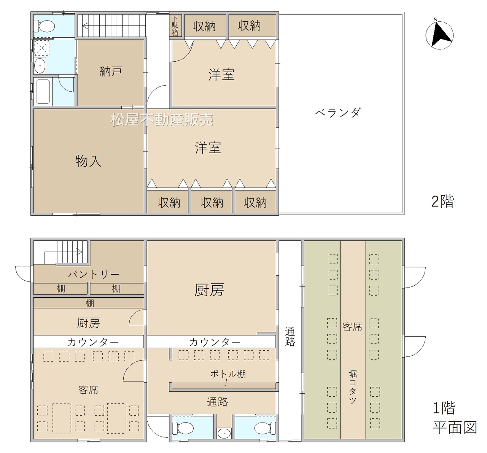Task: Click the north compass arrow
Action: [441, 35]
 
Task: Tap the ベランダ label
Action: [337, 113]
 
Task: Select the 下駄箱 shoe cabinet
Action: [175, 25]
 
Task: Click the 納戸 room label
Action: [111, 72]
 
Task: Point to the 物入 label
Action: [88, 161]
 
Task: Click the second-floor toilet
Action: [44, 26]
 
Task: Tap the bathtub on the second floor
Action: [43, 92]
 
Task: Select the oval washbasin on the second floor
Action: [40, 66]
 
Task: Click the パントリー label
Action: [94, 274]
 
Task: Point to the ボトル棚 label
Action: [228, 374]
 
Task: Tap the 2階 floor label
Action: [442, 201]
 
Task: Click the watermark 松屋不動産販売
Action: [162, 120]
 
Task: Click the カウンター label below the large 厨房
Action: [215, 342]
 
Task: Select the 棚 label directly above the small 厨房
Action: [89, 304]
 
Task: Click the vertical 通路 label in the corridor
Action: [290, 337]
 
